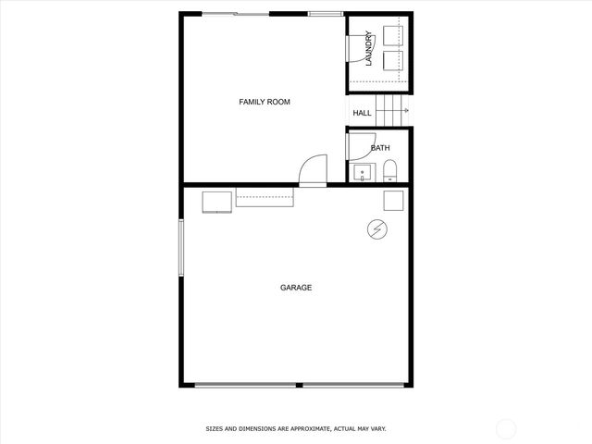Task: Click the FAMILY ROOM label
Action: point(265,102)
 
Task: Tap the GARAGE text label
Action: point(296,288)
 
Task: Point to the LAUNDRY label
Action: point(368,50)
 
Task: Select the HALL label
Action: point(362,113)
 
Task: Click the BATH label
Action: point(380,148)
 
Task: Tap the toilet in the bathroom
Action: point(390,171)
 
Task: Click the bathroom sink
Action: point(360,172)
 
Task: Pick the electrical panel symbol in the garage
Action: point(377,228)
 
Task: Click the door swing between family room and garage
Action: point(313,169)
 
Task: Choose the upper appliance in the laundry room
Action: point(394,37)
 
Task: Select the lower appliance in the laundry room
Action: point(394,61)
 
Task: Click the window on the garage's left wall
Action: point(181,247)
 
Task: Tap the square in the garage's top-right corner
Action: point(394,202)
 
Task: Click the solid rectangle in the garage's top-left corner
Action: point(218,201)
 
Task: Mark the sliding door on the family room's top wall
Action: point(237,14)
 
